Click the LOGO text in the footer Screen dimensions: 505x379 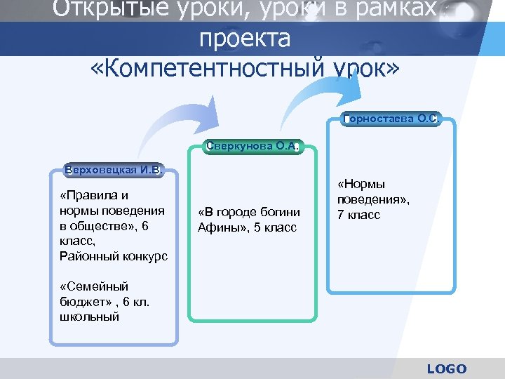(446, 368)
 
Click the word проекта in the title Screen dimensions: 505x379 (244, 39)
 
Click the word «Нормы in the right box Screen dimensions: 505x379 (362, 184)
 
